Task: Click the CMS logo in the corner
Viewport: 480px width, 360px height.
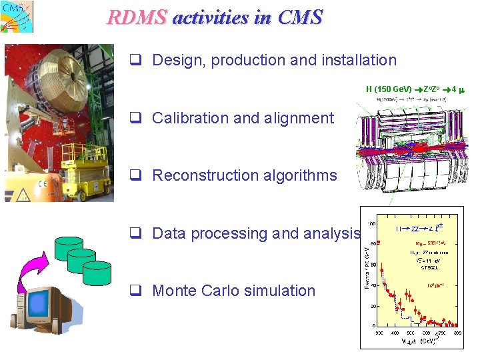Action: click(17, 17)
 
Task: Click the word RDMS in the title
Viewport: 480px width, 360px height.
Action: click(136, 17)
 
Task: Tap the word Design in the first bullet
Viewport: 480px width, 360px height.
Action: click(178, 60)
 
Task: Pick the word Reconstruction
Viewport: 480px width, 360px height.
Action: click(206, 175)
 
